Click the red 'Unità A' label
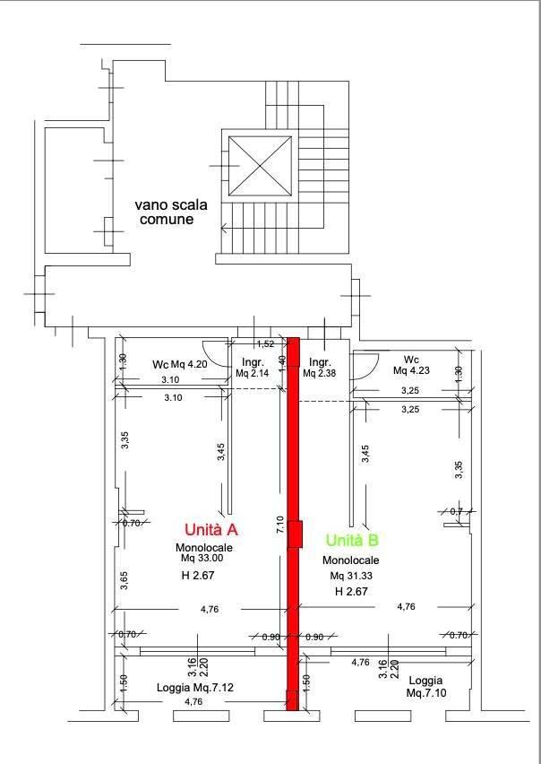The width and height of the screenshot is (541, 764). tap(210, 529)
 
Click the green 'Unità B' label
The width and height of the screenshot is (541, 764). tap(352, 540)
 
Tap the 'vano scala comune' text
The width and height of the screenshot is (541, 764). tap(171, 211)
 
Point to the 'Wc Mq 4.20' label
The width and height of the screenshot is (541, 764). tap(179, 364)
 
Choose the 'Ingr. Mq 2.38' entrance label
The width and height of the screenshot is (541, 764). tap(319, 367)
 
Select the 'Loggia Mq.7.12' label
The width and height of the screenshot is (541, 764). tap(195, 689)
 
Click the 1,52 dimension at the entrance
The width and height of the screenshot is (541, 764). tap(265, 343)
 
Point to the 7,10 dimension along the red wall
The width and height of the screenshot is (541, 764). tap(281, 525)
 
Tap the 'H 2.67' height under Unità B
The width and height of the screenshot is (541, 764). tap(352, 592)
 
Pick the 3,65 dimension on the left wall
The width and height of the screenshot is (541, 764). tap(125, 580)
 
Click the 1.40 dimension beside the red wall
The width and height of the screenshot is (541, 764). tap(282, 362)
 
